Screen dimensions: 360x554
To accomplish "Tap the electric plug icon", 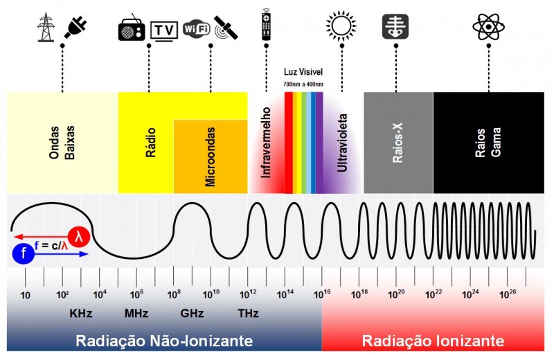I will click(x=76, y=26).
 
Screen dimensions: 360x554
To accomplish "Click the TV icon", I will click(x=163, y=30).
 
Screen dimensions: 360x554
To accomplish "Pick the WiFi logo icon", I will click(x=196, y=29).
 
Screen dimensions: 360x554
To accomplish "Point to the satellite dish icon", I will click(x=226, y=28).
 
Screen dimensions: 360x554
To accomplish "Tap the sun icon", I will click(x=340, y=26).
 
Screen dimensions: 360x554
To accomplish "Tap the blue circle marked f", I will click(x=23, y=254).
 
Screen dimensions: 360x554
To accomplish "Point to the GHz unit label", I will click(x=191, y=313).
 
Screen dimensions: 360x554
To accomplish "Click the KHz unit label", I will click(x=81, y=313).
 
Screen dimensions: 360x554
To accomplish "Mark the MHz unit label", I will click(x=136, y=313).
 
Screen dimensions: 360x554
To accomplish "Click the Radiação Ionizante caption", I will click(x=432, y=341).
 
